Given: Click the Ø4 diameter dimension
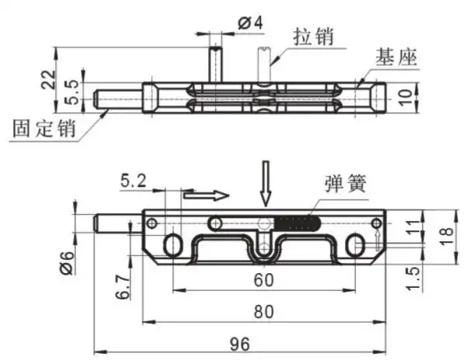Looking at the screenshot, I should tap(249, 22).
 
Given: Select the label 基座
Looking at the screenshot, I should tap(396, 57).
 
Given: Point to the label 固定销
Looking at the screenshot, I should tap(43, 127).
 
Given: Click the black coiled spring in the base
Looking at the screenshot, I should tap(297, 223).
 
